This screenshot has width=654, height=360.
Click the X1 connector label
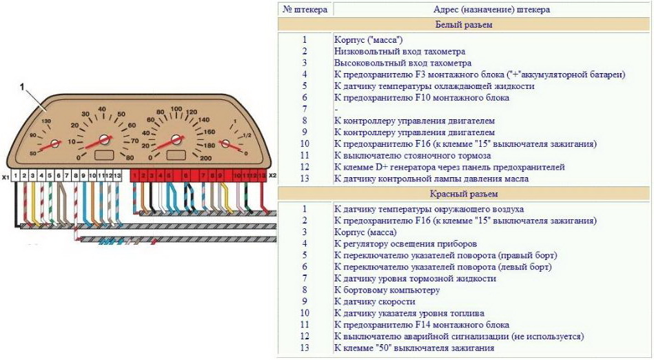click(6, 177)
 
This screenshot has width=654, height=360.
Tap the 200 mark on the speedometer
click(205, 158)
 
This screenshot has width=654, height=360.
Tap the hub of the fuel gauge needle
click(225, 143)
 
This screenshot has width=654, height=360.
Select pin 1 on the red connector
click(135, 176)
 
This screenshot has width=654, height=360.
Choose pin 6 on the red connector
click(185, 176)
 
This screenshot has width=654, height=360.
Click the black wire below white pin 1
click(15, 207)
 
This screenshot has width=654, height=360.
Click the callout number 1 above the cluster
click(23, 88)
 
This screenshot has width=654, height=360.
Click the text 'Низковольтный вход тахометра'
click(399, 51)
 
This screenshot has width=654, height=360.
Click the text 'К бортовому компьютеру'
click(386, 290)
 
